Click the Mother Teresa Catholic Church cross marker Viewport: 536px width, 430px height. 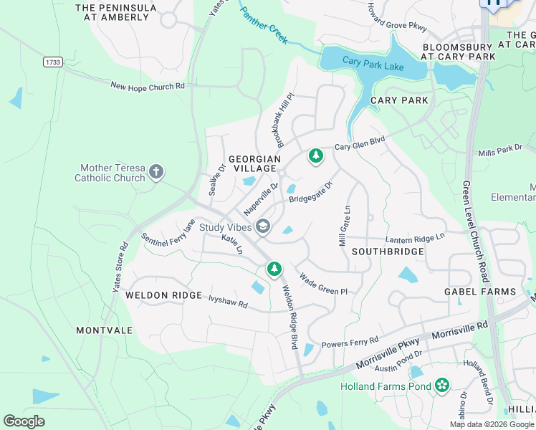[x=157, y=172]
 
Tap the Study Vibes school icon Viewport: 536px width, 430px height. [x=263, y=227]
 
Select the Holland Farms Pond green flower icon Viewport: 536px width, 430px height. [x=441, y=387]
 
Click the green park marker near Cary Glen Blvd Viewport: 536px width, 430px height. [x=315, y=156]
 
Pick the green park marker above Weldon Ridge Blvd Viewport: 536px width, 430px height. [x=274, y=269]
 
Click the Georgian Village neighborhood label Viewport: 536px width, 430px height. [x=252, y=163]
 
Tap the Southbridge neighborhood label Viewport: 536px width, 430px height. [x=388, y=252]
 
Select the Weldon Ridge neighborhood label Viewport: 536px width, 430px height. [x=153, y=295]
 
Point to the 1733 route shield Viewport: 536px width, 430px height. [x=52, y=62]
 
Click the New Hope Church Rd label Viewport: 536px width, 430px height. [x=148, y=86]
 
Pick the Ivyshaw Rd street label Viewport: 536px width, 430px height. [x=228, y=301]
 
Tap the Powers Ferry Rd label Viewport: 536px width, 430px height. [x=349, y=343]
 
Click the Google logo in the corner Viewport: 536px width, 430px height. [x=24, y=421]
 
